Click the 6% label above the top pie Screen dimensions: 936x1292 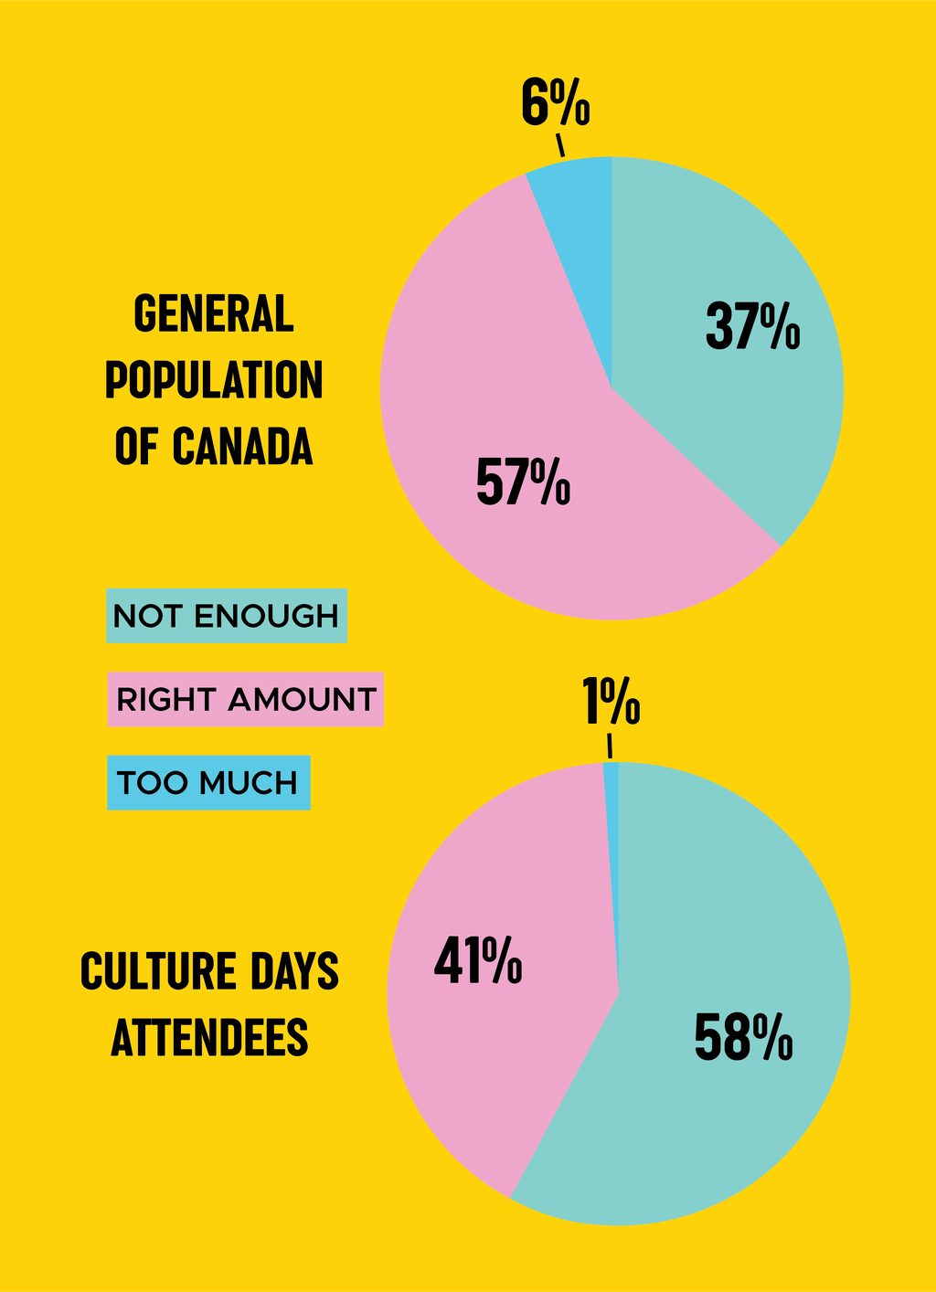[x=556, y=102]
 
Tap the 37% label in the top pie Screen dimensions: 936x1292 [x=753, y=326]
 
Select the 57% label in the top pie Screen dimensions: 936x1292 [x=524, y=481]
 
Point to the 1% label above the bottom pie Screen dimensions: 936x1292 [x=612, y=701]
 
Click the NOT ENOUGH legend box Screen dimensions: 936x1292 [x=227, y=616]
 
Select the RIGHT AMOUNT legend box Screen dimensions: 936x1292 [x=246, y=699]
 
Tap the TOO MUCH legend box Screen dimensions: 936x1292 [x=209, y=783]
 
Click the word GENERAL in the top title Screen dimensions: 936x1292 [x=214, y=313]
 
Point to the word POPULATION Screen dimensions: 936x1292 [x=214, y=379]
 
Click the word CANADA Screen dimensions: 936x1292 [x=243, y=446]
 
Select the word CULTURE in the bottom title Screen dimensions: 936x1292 [x=159, y=970]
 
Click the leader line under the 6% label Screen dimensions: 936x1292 [x=559, y=145]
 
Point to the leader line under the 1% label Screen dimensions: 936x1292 [x=610, y=747]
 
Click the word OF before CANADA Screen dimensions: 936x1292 [x=136, y=446]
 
